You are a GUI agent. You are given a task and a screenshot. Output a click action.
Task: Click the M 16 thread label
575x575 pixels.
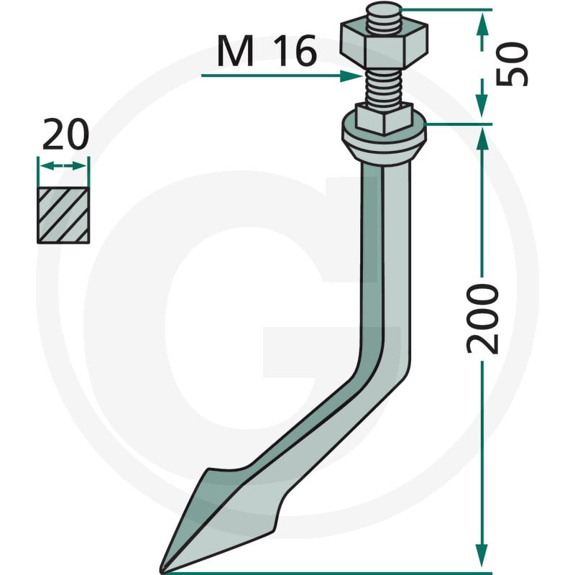(x=267, y=51)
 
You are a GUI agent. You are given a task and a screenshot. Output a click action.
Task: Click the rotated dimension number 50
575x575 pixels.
(x=512, y=64)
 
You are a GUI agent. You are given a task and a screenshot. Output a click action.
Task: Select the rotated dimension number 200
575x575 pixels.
(x=482, y=318)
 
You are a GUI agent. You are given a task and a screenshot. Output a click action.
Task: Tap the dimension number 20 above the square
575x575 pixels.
(x=65, y=134)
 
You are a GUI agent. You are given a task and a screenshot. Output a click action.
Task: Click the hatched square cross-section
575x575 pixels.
(x=63, y=215)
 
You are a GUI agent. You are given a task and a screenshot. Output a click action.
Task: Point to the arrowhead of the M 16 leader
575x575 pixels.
(x=351, y=76)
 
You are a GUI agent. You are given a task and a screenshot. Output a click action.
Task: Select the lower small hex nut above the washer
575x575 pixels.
(x=384, y=119)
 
